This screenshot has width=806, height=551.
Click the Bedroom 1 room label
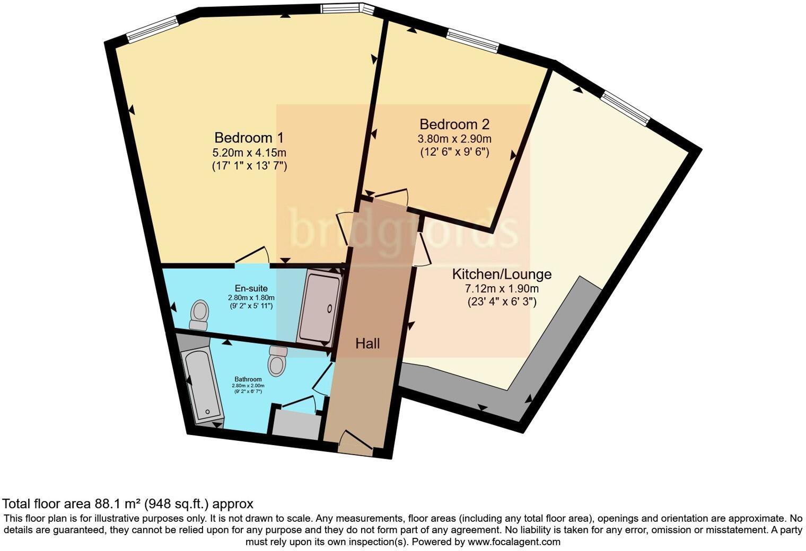[x=249, y=138]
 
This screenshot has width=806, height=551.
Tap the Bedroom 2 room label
[x=454, y=125]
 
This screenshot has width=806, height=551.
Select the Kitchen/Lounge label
[x=501, y=274]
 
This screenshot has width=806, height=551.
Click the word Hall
[x=367, y=344]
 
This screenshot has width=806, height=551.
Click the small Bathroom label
[x=248, y=379]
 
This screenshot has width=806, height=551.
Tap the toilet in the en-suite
[x=199, y=315]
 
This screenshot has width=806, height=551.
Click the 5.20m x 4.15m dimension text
[x=249, y=153]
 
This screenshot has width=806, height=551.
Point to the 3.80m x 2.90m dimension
[x=454, y=139]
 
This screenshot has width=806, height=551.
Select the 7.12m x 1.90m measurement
[x=502, y=289]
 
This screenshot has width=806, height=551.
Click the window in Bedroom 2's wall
[x=472, y=41]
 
